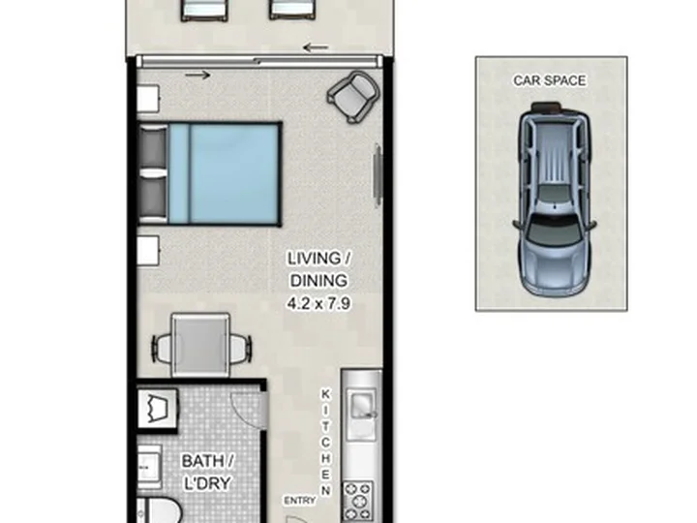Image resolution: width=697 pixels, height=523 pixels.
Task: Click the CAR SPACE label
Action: [550, 80]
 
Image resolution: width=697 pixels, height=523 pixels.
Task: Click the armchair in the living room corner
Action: [354, 97]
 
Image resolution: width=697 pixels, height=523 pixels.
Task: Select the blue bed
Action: [209, 173]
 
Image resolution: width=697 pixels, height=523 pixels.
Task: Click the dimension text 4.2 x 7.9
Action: [318, 304]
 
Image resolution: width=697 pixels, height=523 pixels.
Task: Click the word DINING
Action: [318, 281]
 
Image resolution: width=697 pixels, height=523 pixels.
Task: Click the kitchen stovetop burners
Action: [358, 501]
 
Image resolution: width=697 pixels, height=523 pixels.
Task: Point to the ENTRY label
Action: [299, 501]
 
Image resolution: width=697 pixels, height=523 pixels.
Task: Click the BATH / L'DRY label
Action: [207, 472]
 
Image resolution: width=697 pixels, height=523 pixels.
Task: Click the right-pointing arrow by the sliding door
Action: [197, 76]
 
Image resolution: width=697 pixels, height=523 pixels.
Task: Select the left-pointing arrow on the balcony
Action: [316, 47]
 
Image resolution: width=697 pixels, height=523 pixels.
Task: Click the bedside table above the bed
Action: [148, 98]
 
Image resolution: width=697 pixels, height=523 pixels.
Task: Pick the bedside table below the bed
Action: [148, 251]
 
